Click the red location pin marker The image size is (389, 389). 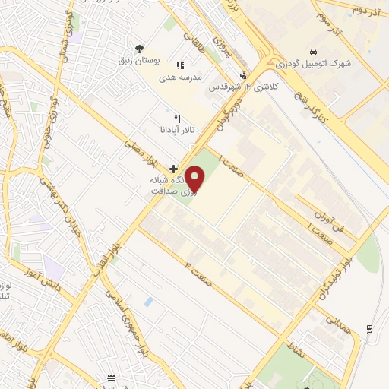pos(196,179)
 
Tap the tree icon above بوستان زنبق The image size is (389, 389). pos(138,49)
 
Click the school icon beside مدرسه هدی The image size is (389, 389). pos(181,66)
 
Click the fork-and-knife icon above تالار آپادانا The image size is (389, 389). pos(177,119)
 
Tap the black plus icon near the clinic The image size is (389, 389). pos(174,168)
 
